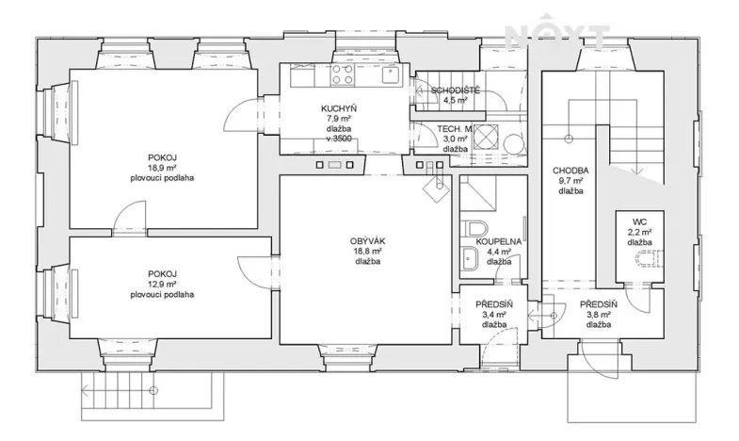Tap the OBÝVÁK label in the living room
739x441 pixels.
(367, 241)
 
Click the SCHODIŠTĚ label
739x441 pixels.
(457, 90)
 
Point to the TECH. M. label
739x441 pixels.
(455, 128)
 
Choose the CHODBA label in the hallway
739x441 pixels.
(570, 171)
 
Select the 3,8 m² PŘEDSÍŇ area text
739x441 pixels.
(598, 315)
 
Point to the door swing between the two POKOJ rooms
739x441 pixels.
(123, 224)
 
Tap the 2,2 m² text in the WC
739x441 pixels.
(640, 232)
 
